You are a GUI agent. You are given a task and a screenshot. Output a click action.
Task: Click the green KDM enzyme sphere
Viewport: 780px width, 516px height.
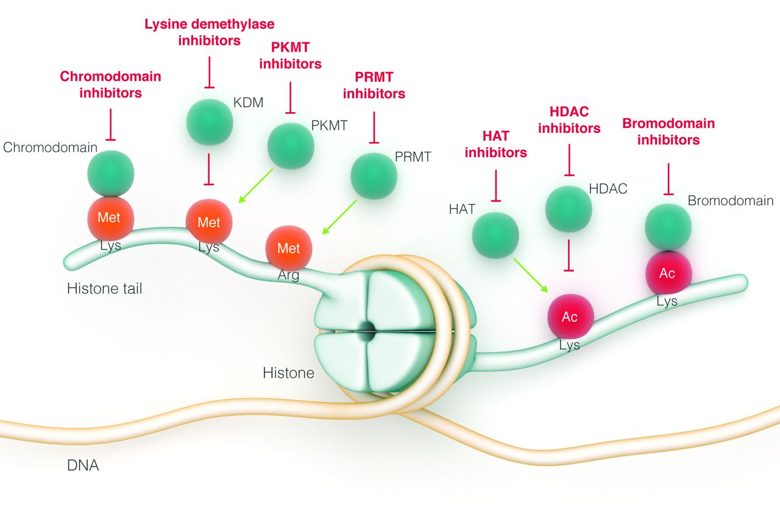click(209, 122)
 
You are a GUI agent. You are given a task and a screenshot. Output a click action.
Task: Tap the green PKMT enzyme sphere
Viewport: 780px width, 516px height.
click(291, 146)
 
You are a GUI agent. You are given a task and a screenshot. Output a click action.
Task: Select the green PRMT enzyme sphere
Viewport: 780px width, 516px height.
click(374, 176)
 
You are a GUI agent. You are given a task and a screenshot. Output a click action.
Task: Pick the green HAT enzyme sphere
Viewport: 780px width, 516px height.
click(495, 235)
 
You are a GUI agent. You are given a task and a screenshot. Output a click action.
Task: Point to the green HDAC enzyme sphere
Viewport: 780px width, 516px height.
click(569, 208)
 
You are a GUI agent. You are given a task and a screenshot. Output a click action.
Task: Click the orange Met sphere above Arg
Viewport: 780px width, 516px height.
click(289, 249)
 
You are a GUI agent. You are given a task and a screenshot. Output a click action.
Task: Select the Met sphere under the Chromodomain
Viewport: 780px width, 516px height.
click(110, 218)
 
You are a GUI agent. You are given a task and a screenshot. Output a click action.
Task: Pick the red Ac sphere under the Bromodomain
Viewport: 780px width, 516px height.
click(668, 274)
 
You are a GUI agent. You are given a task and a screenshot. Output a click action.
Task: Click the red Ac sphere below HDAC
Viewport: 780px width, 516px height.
click(570, 317)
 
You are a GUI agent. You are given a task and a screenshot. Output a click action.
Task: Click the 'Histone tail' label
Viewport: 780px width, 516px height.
click(105, 289)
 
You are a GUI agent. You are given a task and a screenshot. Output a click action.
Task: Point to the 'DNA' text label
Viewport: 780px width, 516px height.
click(83, 466)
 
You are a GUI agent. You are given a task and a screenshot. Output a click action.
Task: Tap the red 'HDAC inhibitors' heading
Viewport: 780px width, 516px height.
click(569, 120)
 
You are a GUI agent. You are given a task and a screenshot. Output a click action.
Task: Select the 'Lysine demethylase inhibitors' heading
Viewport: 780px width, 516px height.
click(209, 33)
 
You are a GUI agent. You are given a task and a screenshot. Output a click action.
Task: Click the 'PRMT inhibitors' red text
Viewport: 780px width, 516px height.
click(374, 85)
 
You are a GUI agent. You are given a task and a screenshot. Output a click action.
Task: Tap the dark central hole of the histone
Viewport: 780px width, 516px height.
click(368, 330)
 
